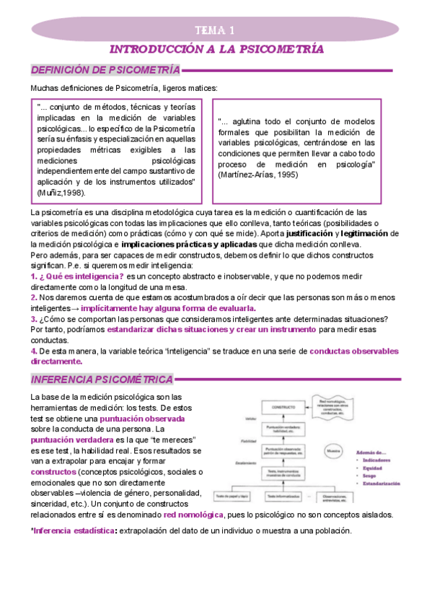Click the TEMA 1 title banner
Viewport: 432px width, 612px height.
(x=216, y=30)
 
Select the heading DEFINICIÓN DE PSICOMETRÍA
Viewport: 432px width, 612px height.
(x=104, y=70)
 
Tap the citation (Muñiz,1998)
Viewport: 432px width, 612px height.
(x=61, y=193)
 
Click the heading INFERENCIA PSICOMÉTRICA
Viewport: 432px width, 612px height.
(x=102, y=380)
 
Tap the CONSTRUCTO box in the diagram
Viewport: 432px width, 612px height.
(x=285, y=408)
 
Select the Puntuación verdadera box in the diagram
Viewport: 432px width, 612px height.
(x=285, y=430)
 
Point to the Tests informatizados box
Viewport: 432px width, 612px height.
(x=285, y=497)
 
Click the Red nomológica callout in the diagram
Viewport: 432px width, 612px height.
(x=333, y=403)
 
